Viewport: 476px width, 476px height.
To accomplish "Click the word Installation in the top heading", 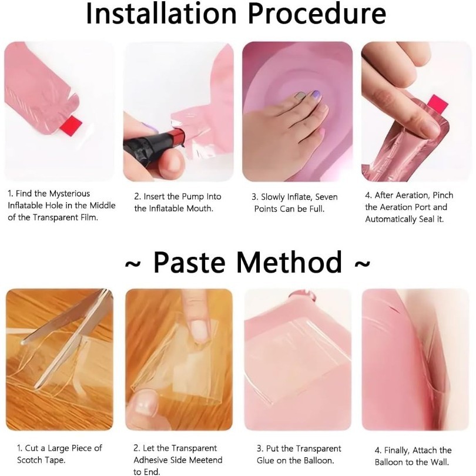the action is coord(161,14).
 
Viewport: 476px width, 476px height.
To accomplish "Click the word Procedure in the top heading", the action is coord(317,14).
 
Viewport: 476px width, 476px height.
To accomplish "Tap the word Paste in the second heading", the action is coord(190,262).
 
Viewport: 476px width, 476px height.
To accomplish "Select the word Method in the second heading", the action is coord(289,262).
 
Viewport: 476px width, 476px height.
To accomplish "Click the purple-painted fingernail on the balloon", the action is coord(316,94).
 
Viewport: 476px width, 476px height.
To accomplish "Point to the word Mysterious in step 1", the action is coord(69,194).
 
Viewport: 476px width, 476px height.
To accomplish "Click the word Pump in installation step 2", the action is coord(193,197).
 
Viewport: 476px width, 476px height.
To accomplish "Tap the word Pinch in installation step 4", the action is coord(443,195).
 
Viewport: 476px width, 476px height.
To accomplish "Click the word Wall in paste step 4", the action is coord(440,462).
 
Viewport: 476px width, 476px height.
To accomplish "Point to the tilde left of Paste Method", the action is coord(133,263).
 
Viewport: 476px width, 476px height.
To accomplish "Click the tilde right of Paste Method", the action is coord(363,263).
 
